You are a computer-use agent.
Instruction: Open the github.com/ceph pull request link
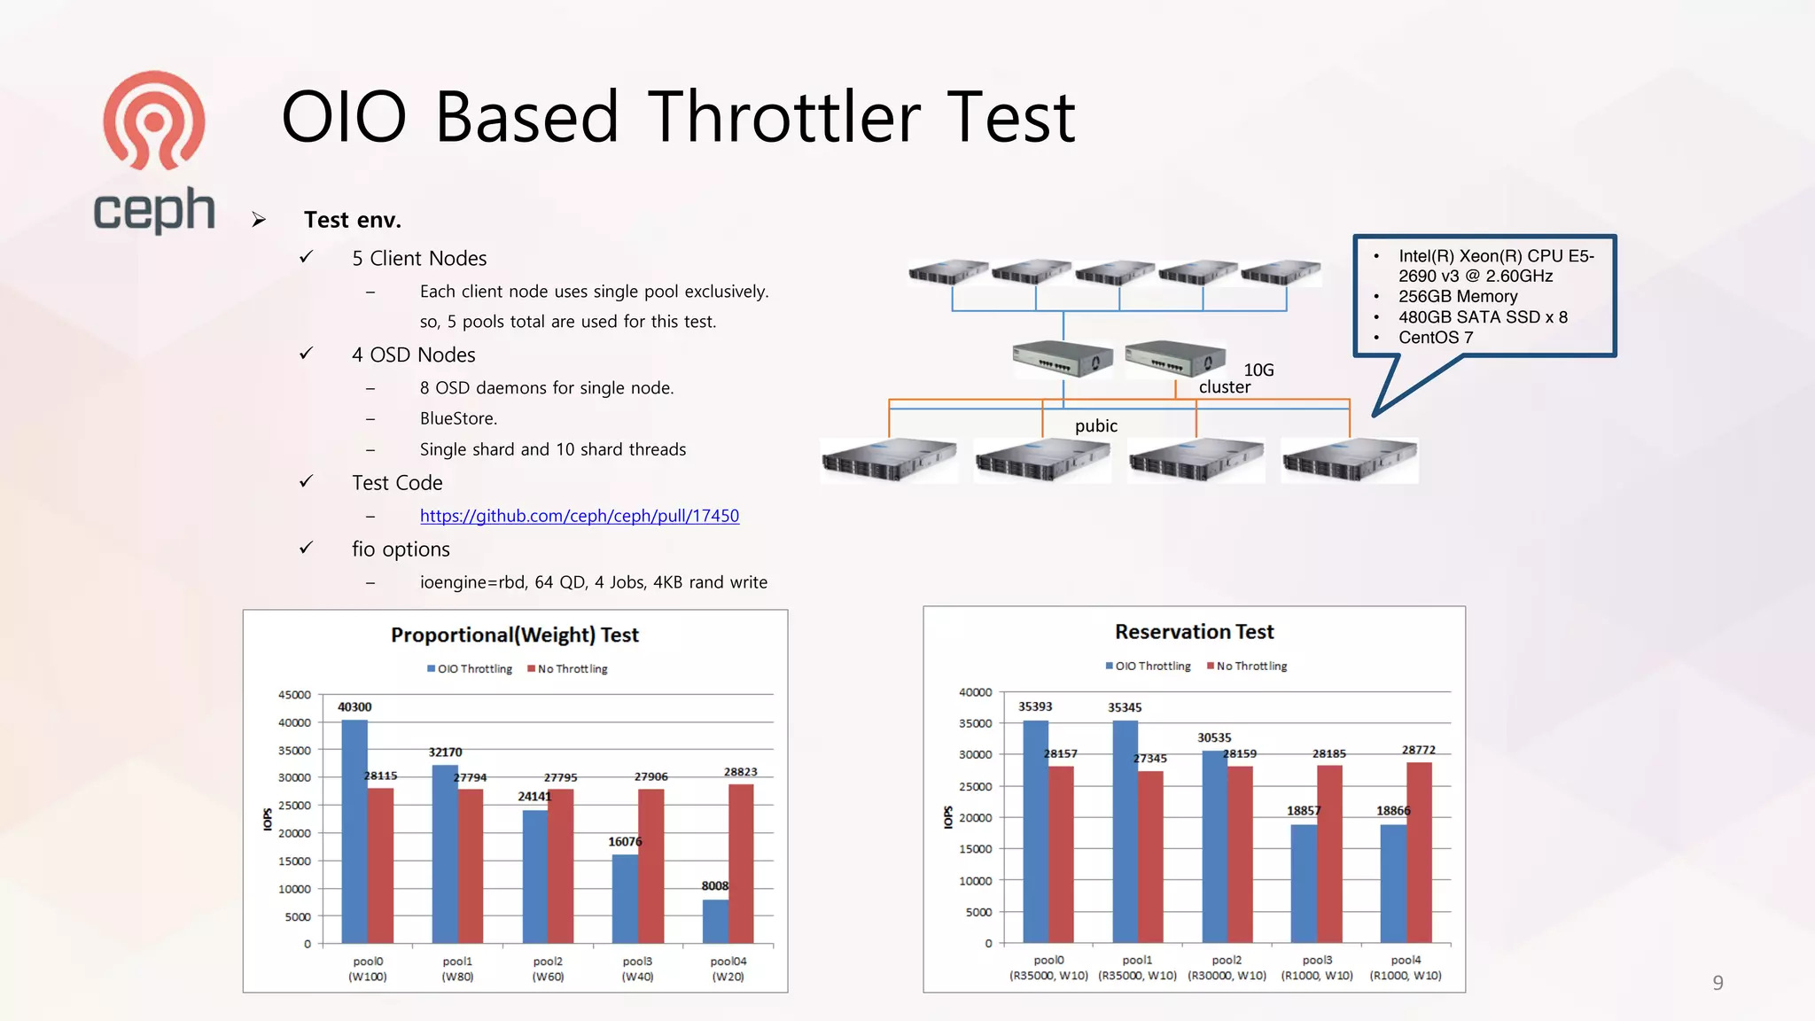[579, 516]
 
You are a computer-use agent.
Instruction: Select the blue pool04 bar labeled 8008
[715, 922]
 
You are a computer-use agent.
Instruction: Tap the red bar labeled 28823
[741, 863]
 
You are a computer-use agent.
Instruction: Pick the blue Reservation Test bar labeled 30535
[1214, 846]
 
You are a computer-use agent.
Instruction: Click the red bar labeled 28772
[1419, 852]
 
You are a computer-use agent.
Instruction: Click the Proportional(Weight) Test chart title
[515, 635]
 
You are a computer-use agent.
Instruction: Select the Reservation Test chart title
[1194, 632]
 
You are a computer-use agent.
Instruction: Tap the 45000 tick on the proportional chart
[294, 695]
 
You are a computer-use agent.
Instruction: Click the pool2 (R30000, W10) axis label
[1227, 968]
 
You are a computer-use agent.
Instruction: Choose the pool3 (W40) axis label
[637, 969]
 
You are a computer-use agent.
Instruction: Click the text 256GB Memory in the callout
[1457, 296]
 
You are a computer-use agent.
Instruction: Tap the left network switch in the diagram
[1063, 359]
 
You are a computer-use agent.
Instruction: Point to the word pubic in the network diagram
[1095, 425]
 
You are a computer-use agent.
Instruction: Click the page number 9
[1718, 982]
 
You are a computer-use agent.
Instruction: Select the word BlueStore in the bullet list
[458, 418]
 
